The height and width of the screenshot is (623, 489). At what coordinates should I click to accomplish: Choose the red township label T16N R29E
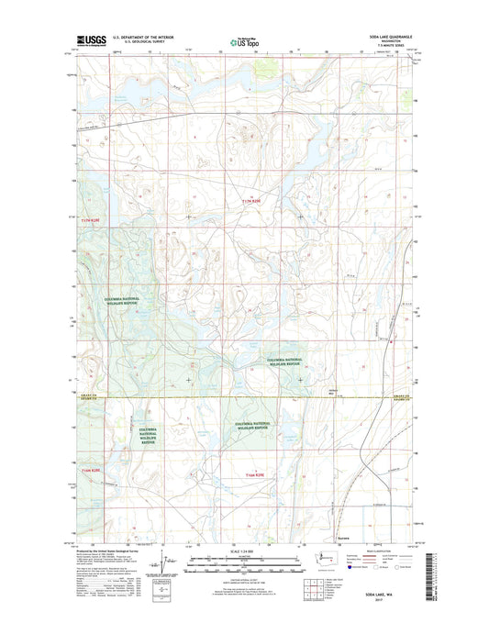pyautogui.click(x=260, y=475)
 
